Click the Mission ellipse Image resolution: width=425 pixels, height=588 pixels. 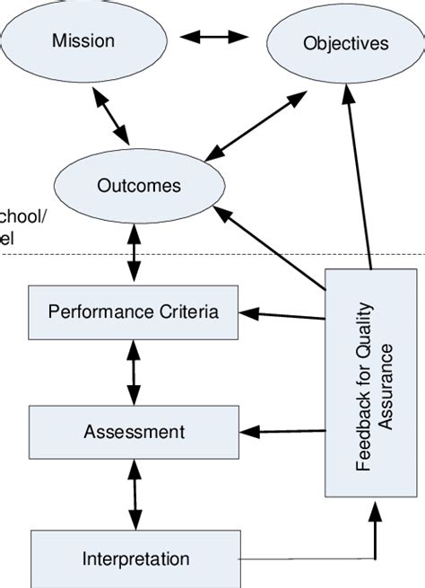(83, 39)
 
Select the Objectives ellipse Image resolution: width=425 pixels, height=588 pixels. (334, 43)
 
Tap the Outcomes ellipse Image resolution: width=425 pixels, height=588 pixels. (138, 186)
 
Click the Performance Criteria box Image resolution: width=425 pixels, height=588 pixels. (134, 312)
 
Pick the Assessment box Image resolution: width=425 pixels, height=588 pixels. (134, 432)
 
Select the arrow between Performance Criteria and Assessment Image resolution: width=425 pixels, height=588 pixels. (134, 372)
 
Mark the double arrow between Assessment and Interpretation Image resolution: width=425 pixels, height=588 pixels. (134, 495)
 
